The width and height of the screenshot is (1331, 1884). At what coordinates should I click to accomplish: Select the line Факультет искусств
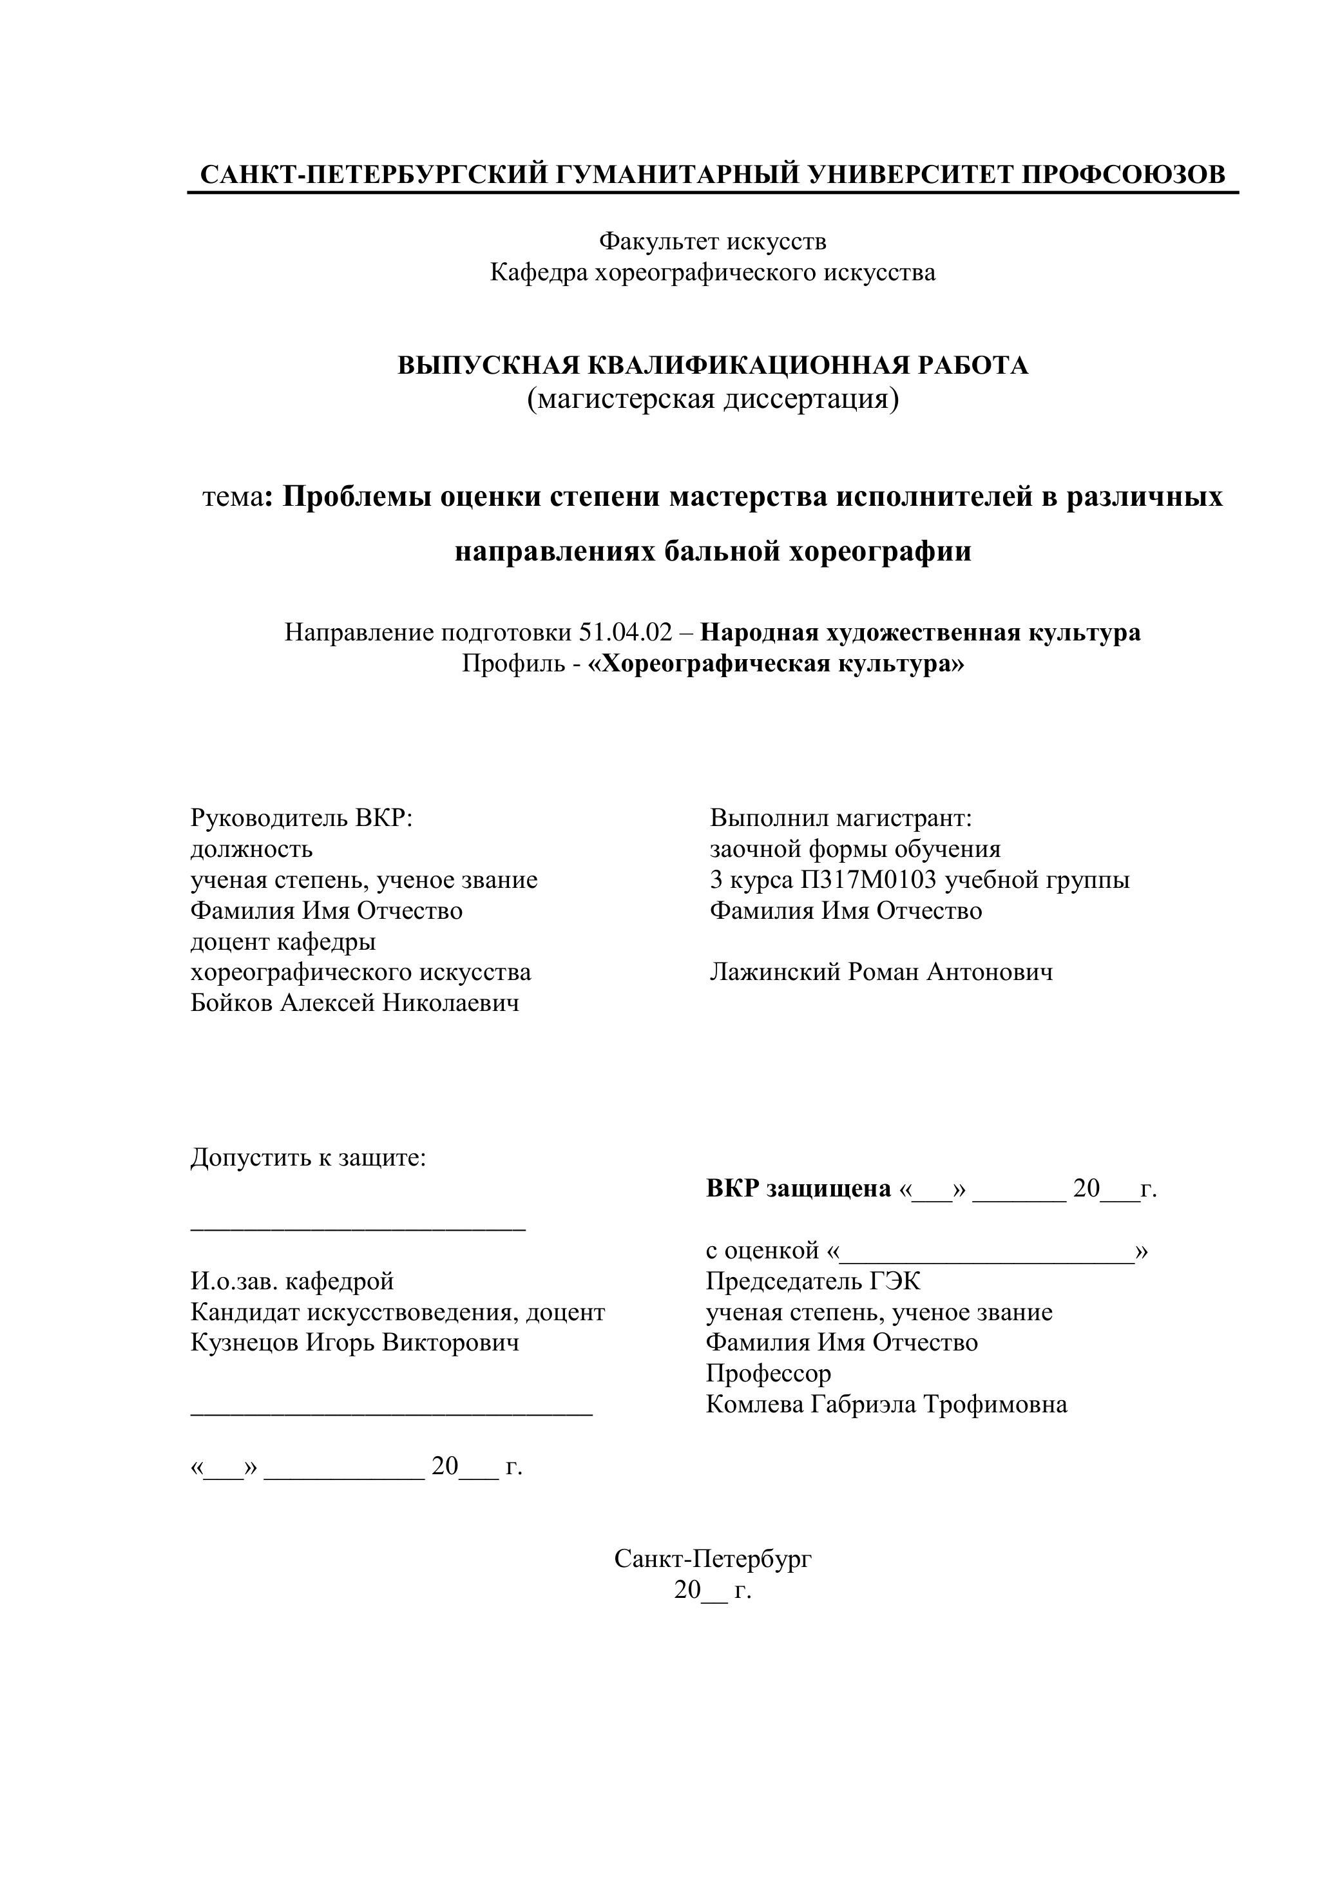pos(713,241)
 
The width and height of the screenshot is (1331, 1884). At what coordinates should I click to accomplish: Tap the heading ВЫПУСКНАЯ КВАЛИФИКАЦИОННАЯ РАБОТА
pos(713,365)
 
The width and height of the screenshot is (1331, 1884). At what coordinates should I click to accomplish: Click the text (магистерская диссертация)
pos(713,399)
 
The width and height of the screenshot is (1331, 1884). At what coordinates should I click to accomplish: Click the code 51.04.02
pos(626,632)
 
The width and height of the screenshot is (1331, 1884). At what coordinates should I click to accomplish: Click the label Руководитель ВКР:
pos(301,818)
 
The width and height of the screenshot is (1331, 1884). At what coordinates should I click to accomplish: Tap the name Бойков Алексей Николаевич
pos(354,1003)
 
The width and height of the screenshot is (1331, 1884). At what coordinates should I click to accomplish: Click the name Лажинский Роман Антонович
pos(881,972)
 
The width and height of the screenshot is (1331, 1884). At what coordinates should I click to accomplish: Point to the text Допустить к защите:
pos(309,1158)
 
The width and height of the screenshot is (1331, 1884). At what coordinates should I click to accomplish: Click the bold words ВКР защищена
pos(798,1188)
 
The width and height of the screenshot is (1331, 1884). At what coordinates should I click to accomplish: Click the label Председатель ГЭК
pos(813,1281)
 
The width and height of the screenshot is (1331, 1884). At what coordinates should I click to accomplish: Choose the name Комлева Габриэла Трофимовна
pos(886,1404)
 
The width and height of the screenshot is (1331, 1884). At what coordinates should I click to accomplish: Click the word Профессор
pos(768,1374)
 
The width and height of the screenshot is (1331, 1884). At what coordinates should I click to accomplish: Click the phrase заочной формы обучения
pos(855,849)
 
